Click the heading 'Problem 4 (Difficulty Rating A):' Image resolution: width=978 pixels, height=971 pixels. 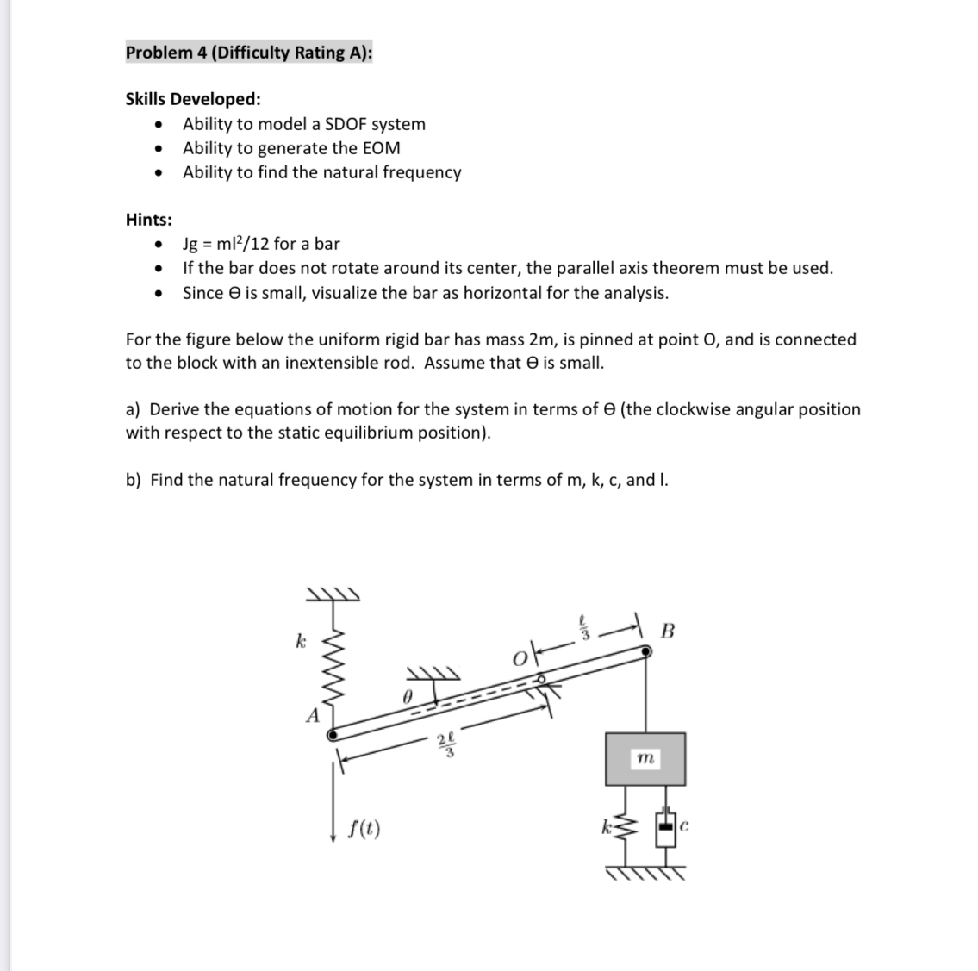(249, 53)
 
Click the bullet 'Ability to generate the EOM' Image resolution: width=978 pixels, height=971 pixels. (291, 148)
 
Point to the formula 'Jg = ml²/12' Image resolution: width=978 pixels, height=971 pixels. (225, 244)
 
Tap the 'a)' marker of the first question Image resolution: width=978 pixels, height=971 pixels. (134, 409)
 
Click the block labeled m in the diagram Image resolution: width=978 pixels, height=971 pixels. (645, 758)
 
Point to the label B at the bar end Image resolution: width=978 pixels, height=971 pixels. (667, 631)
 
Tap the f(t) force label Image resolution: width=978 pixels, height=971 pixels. (366, 830)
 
